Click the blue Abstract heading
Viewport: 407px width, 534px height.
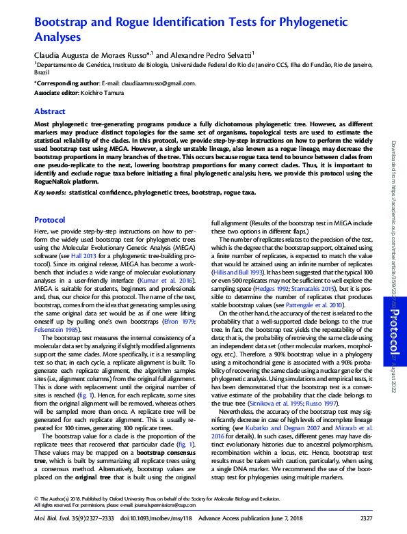[51, 111]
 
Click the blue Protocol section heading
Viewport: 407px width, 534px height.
[50, 220]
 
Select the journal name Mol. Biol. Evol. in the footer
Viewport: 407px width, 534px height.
[53, 520]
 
